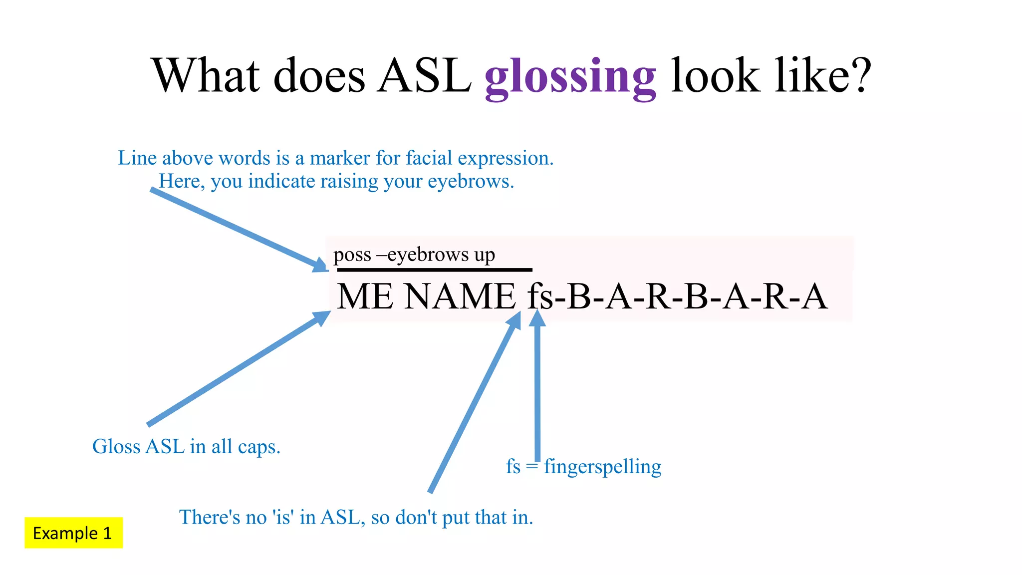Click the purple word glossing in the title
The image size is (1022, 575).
pos(570,77)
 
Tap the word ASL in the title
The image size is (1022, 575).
pos(425,76)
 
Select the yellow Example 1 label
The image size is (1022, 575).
pos(73,533)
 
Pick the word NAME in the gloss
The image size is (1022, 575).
pos(460,296)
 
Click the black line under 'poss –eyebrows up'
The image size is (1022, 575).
pos(434,270)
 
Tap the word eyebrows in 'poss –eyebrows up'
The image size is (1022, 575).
pos(428,255)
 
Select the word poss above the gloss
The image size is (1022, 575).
pos(352,255)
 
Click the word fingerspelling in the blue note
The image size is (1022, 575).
pos(602,467)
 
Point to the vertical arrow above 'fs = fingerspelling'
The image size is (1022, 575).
pos(537,389)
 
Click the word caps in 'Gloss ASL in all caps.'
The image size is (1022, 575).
pos(259,447)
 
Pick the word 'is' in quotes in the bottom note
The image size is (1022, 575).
pos(283,518)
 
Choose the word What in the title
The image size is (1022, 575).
pos(206,76)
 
